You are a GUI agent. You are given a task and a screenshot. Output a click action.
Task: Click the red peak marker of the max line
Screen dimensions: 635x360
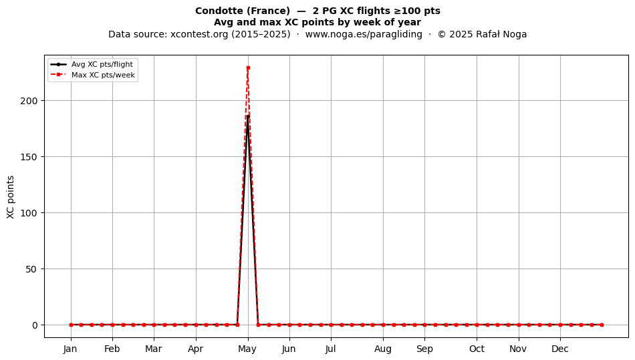tap(248, 68)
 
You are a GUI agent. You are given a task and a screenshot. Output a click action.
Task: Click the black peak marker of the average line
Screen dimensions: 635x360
tap(248, 117)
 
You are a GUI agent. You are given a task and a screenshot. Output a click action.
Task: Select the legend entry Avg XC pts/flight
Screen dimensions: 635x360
tap(102, 64)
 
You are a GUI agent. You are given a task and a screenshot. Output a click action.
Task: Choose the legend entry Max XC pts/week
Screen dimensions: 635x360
tap(103, 75)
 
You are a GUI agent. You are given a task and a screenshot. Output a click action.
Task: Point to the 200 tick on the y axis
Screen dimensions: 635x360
tap(29, 101)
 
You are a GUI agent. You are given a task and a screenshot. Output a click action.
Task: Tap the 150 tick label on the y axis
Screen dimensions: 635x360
tap(29, 157)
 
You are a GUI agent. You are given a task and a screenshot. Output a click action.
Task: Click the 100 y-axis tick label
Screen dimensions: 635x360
tap(29, 213)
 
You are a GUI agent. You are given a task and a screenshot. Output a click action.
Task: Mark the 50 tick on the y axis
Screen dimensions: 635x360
tap(31, 269)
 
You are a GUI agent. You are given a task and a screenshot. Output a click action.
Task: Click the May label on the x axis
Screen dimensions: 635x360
tap(247, 349)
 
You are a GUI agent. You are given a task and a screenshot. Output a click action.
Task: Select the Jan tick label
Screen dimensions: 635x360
tap(70, 349)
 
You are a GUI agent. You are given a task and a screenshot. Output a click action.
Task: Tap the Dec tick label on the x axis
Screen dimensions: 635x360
tap(560, 349)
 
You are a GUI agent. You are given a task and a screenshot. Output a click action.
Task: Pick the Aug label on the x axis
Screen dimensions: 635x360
tap(383, 349)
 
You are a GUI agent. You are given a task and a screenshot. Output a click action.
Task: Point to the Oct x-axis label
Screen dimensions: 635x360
tap(477, 349)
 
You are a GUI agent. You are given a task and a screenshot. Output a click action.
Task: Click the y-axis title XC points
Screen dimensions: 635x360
tap(11, 198)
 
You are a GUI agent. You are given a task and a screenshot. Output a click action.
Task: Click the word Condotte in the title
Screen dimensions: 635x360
tap(219, 11)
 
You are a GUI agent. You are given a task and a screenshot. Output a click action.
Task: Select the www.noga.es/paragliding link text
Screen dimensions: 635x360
tap(364, 34)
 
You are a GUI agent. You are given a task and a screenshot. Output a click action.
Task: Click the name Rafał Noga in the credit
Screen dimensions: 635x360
tap(501, 34)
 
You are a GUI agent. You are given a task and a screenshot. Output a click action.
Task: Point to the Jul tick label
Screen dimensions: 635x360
tap(330, 349)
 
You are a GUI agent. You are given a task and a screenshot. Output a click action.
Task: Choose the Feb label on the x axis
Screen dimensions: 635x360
tap(112, 349)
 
